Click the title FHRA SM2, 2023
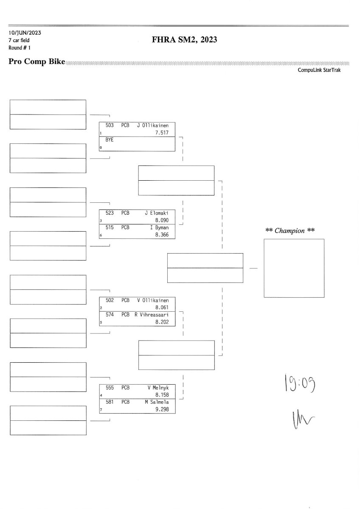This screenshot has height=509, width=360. point(184,40)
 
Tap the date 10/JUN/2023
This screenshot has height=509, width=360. point(25,33)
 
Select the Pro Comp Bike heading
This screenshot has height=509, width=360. point(37,62)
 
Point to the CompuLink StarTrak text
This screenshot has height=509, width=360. point(319,70)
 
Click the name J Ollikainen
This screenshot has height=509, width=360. point(153,126)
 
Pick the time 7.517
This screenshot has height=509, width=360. point(162,133)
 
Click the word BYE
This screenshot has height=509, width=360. point(110,140)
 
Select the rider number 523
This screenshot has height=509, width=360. point(110,213)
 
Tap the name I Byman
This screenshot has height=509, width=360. point(160,227)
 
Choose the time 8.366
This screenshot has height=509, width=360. point(162,235)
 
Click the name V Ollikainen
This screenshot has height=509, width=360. point(153,300)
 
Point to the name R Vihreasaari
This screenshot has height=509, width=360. point(152,315)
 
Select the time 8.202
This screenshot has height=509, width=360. point(162,322)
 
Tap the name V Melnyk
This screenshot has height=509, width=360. point(158,388)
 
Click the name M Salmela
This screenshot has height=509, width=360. point(157,402)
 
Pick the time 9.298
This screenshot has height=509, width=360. point(162,409)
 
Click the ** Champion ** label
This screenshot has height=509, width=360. point(290,231)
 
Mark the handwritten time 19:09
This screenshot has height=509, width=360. point(300,383)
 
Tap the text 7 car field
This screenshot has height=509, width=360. point(19,40)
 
